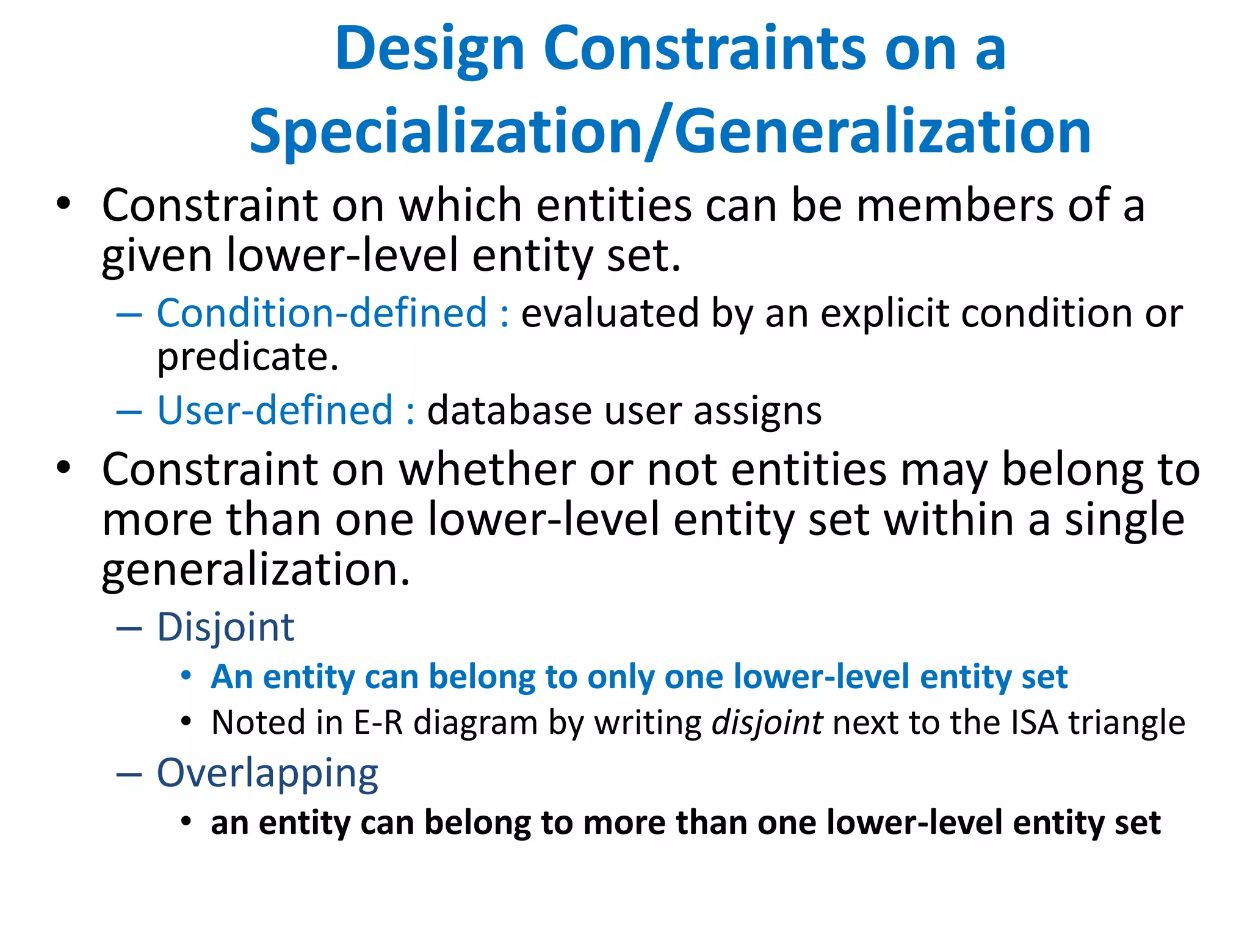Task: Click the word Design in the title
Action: point(430,50)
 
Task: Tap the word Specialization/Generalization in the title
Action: point(670,132)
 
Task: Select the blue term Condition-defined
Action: point(322,313)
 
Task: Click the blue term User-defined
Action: point(275,410)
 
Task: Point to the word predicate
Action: point(247,357)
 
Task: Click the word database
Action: point(508,411)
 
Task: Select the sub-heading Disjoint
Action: point(225,627)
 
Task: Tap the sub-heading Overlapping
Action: point(267,774)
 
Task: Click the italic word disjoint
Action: point(767,723)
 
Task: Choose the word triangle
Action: point(1125,723)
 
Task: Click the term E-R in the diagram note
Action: point(378,723)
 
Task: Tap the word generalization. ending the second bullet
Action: point(255,570)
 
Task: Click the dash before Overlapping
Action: point(129,774)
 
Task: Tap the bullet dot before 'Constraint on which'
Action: point(63,204)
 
